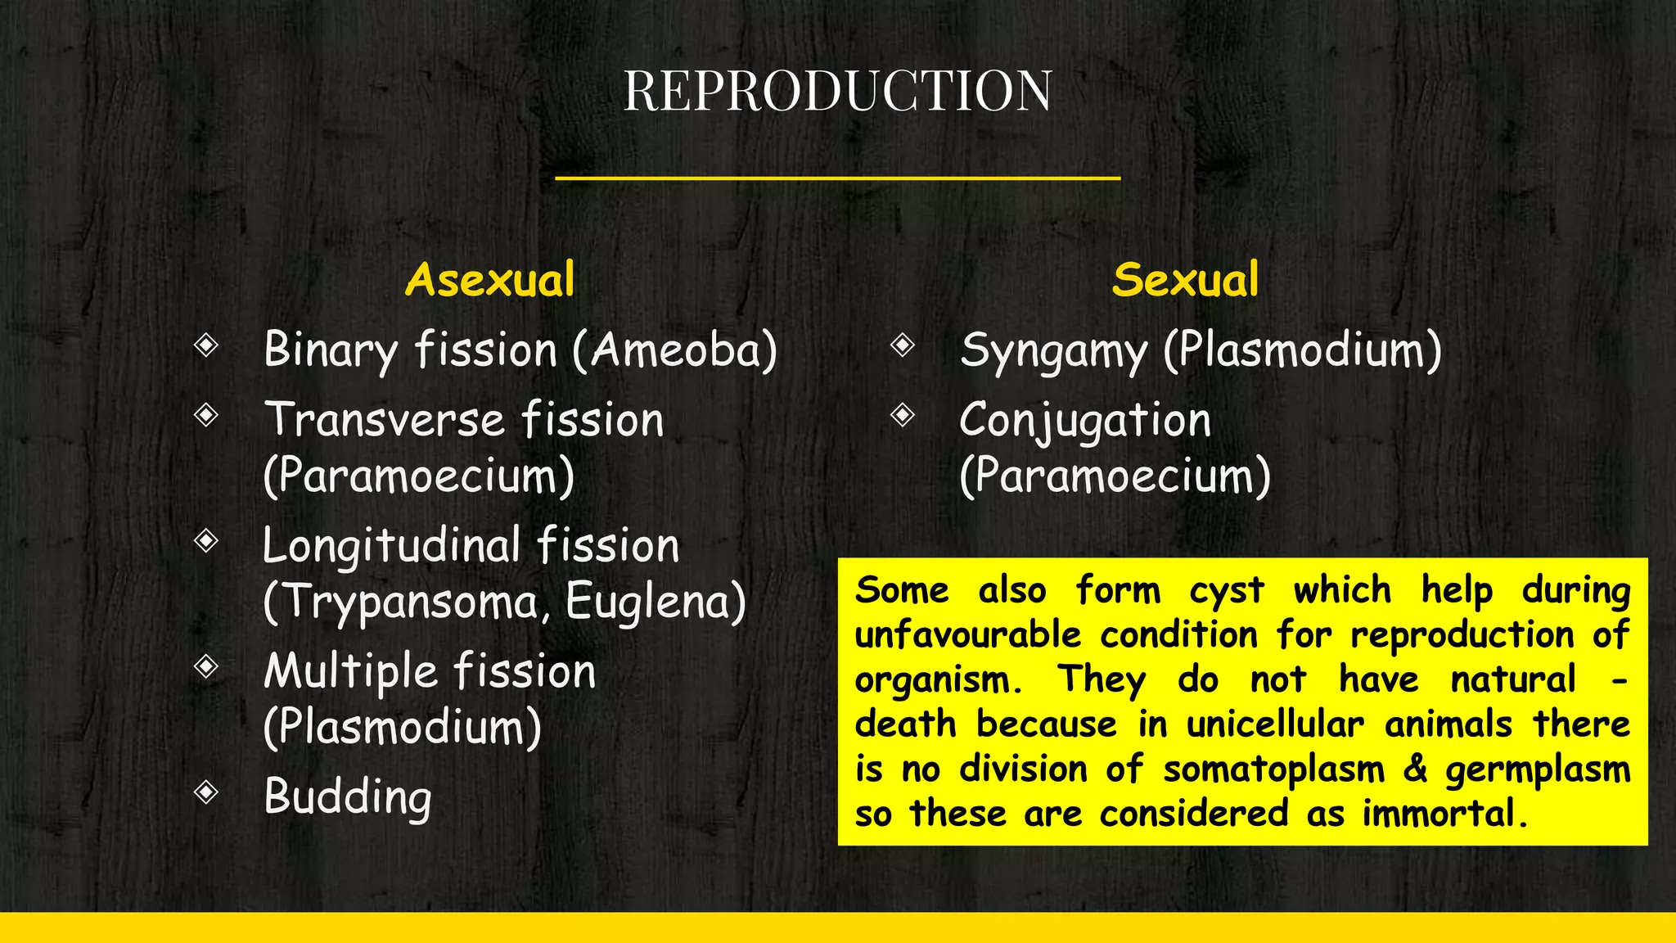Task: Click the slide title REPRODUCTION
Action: pyautogui.click(x=837, y=90)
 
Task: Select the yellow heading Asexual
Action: pyautogui.click(x=489, y=280)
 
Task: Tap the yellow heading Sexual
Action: pyautogui.click(x=1185, y=280)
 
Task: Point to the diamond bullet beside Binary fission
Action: pyautogui.click(x=206, y=345)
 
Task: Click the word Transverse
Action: pyautogui.click(x=383, y=421)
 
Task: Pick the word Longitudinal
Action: pyautogui.click(x=391, y=547)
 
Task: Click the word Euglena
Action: pyautogui.click(x=647, y=602)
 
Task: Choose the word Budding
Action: pyautogui.click(x=348, y=797)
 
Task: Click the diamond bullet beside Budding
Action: pyautogui.click(x=206, y=792)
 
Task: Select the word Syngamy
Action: pyautogui.click(x=1053, y=352)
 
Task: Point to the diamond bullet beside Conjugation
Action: pyautogui.click(x=903, y=415)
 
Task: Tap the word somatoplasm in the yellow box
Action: pyautogui.click(x=1273, y=770)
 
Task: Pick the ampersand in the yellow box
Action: pyautogui.click(x=1415, y=769)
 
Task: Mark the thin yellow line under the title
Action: pyautogui.click(x=837, y=178)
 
